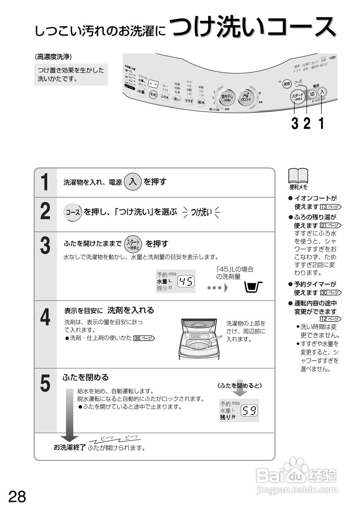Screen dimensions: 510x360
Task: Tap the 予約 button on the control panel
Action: click(153, 95)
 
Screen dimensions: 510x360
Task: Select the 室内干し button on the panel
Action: click(227, 97)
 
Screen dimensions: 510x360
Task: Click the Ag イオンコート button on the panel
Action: click(245, 97)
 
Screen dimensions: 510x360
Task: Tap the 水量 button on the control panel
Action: click(141, 92)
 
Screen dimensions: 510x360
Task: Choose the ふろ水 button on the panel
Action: click(165, 97)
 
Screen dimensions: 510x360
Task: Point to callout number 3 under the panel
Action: click(295, 124)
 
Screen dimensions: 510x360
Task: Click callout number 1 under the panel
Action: click(321, 124)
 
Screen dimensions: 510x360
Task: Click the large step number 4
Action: click(45, 318)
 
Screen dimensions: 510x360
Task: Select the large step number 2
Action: click(45, 212)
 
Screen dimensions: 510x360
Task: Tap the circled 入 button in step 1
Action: click(133, 182)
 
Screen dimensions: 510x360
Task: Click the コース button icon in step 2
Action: click(73, 212)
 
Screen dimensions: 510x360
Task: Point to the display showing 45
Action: click(186, 282)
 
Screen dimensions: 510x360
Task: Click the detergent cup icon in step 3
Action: click(253, 286)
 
